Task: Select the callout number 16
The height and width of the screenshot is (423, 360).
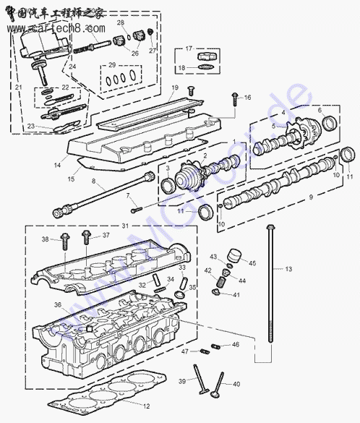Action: tap(247, 98)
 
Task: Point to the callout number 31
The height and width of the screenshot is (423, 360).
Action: tap(125, 226)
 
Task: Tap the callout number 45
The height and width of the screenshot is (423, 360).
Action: tap(252, 262)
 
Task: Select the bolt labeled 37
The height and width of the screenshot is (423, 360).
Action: tap(86, 237)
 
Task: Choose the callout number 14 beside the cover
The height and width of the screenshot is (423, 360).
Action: tap(57, 166)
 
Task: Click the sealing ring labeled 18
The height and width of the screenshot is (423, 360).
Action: tap(206, 67)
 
